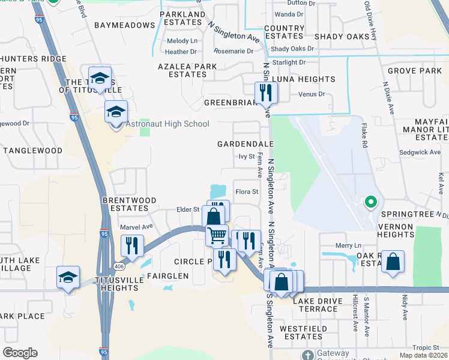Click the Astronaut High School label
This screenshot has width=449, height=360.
coord(167,124)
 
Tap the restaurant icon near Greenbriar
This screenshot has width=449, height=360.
coord(265,93)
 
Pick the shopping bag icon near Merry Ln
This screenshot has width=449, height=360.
coord(393,262)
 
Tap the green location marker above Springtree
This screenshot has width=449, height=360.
coord(371,202)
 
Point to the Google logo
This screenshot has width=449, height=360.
coord(20,353)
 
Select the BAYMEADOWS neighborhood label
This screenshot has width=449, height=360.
coord(124,25)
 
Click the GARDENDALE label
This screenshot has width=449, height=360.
coord(245,145)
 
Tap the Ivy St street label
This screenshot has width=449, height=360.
coord(247,157)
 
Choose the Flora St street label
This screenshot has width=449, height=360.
coord(246,193)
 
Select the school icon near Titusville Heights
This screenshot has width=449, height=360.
coord(68,277)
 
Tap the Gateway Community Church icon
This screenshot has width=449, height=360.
coord(307,354)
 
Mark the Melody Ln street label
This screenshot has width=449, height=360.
coord(182,41)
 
